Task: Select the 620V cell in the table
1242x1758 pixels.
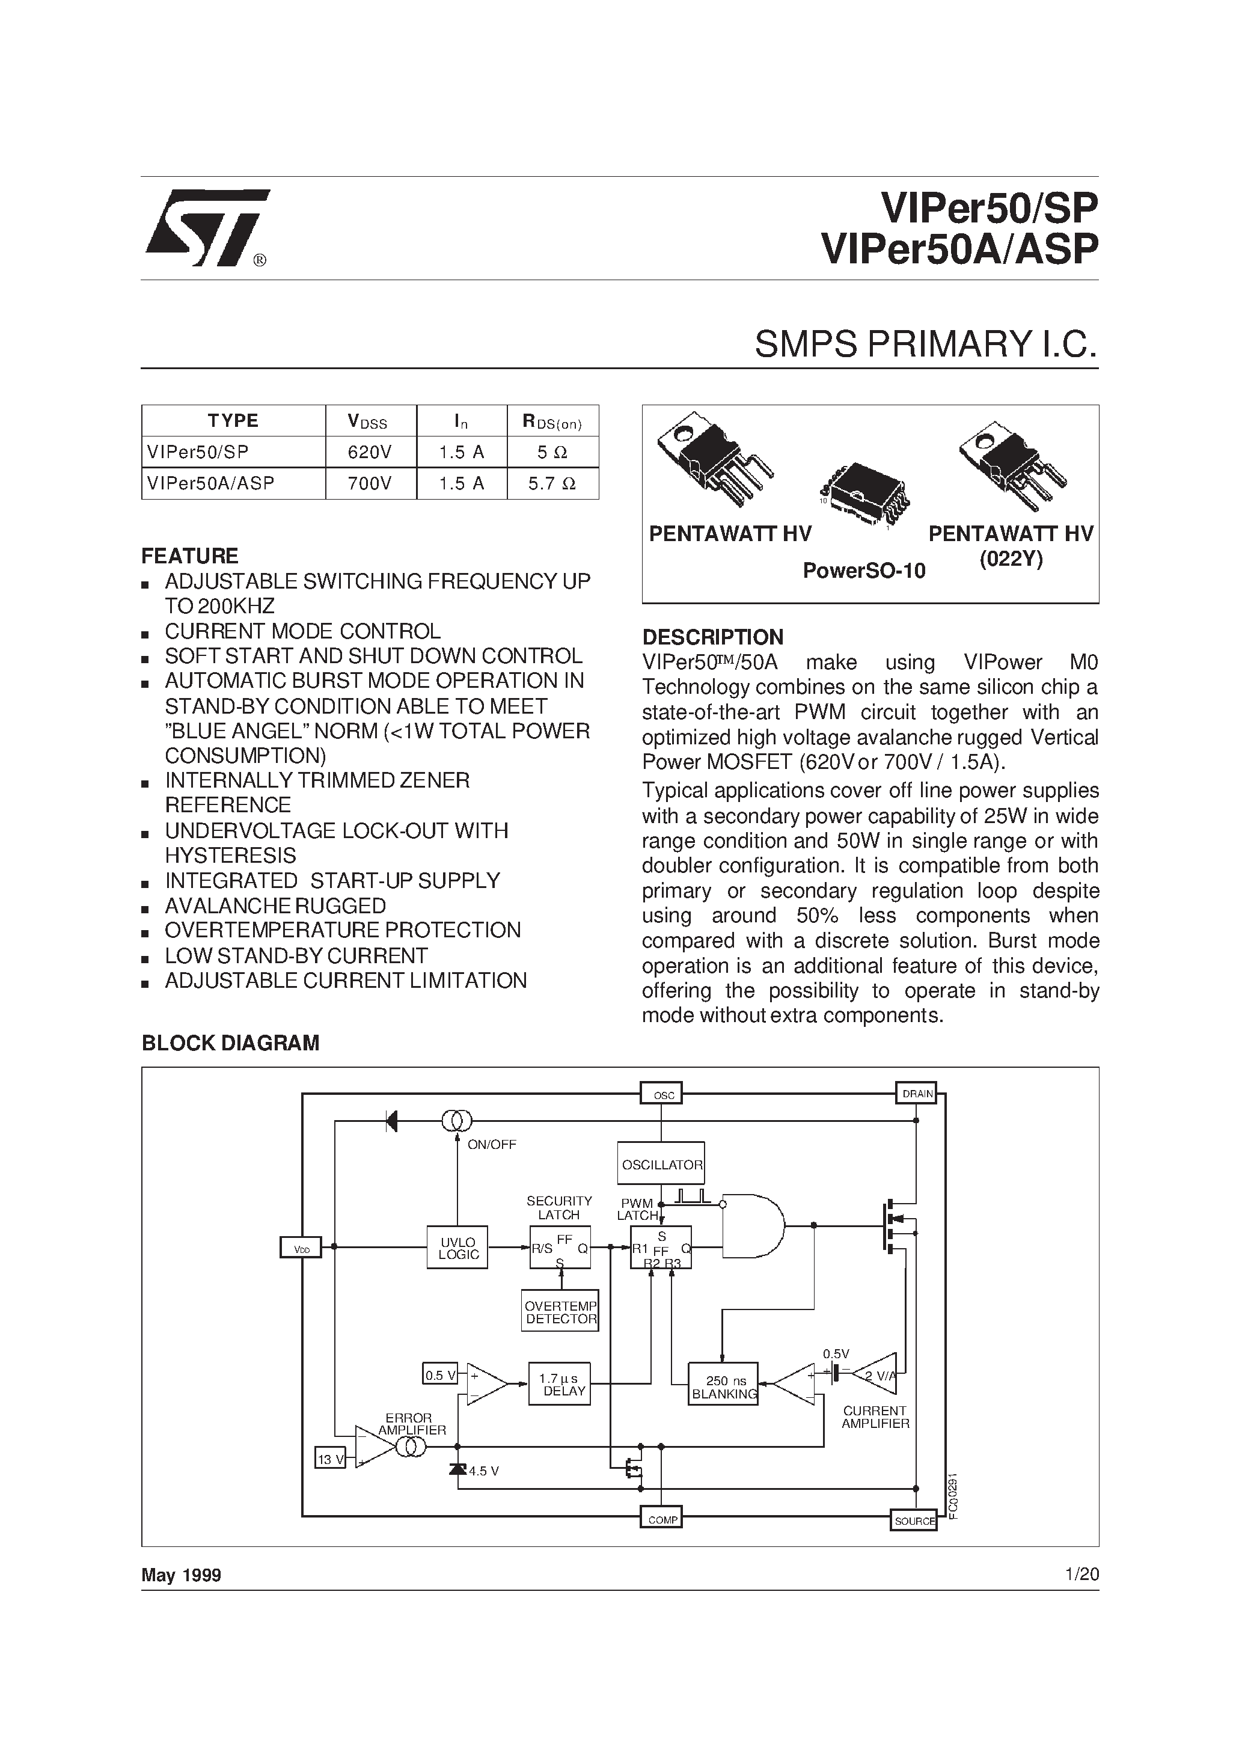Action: (x=370, y=453)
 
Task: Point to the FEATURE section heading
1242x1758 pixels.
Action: (x=190, y=556)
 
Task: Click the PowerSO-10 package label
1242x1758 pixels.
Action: (x=864, y=571)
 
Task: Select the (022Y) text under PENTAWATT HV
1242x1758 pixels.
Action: (x=1011, y=560)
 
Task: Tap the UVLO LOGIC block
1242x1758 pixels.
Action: (x=458, y=1248)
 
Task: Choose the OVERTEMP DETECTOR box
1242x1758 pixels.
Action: (x=560, y=1312)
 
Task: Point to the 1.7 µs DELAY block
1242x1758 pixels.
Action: (x=560, y=1385)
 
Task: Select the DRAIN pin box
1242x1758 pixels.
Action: (x=917, y=1094)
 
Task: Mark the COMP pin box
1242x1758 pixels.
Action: (x=662, y=1520)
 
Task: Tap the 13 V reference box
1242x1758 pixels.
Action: (x=331, y=1459)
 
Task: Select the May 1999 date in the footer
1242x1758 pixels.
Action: (x=182, y=1575)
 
